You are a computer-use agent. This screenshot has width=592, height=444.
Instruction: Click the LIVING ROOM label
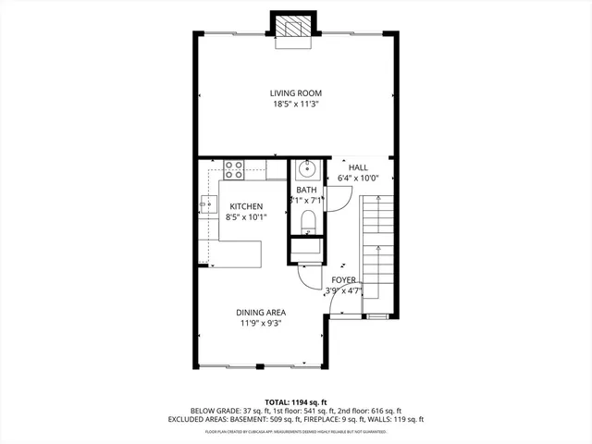click(x=295, y=92)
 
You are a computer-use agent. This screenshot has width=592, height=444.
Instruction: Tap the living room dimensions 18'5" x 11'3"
click(x=295, y=105)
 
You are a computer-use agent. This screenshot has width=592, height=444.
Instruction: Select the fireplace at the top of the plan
click(x=295, y=27)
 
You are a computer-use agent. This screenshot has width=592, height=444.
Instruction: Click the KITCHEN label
click(x=244, y=206)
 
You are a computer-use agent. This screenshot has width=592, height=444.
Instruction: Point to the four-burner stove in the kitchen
click(x=233, y=169)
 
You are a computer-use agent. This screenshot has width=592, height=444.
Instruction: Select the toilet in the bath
click(x=307, y=222)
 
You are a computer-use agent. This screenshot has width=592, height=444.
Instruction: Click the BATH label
click(x=306, y=190)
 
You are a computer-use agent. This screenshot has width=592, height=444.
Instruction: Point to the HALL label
click(x=358, y=167)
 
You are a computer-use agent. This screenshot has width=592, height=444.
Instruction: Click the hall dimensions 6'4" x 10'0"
click(x=358, y=179)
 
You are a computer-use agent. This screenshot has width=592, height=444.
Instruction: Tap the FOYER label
click(x=343, y=279)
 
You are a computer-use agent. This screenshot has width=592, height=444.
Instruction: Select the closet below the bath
click(x=306, y=250)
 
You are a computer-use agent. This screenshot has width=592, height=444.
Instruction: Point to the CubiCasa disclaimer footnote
click(x=295, y=431)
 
